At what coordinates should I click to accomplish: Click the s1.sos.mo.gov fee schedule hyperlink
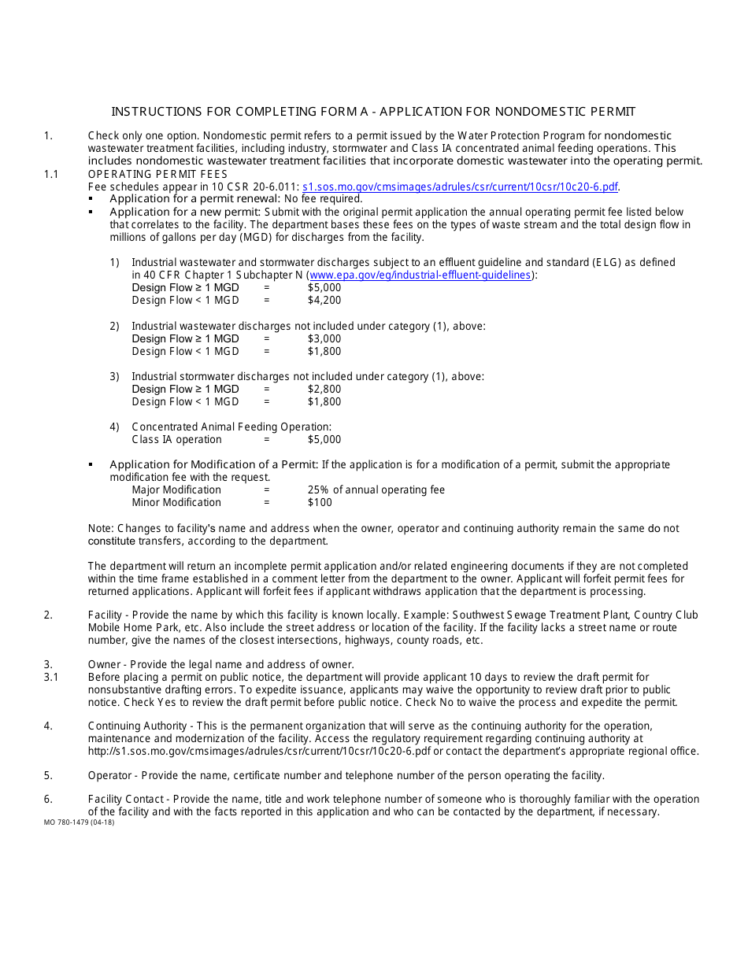tap(460, 187)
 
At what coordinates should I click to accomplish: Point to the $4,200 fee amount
tap(324, 300)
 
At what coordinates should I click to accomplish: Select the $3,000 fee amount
tap(324, 338)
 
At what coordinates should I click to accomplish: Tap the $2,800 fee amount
tap(324, 389)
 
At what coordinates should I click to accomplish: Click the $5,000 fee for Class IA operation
tap(324, 439)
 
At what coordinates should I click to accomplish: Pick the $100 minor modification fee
tap(320, 502)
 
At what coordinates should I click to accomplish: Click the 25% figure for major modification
tap(318, 490)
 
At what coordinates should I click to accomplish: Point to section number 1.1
tap(51, 174)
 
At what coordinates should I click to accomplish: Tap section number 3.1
tap(51, 677)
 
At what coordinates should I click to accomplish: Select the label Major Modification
tap(176, 490)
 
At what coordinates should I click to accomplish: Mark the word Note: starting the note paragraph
tap(101, 528)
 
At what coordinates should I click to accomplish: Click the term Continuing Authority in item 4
tap(138, 726)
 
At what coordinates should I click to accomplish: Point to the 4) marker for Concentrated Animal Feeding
tap(115, 427)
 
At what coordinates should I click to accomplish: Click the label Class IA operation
tap(176, 439)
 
